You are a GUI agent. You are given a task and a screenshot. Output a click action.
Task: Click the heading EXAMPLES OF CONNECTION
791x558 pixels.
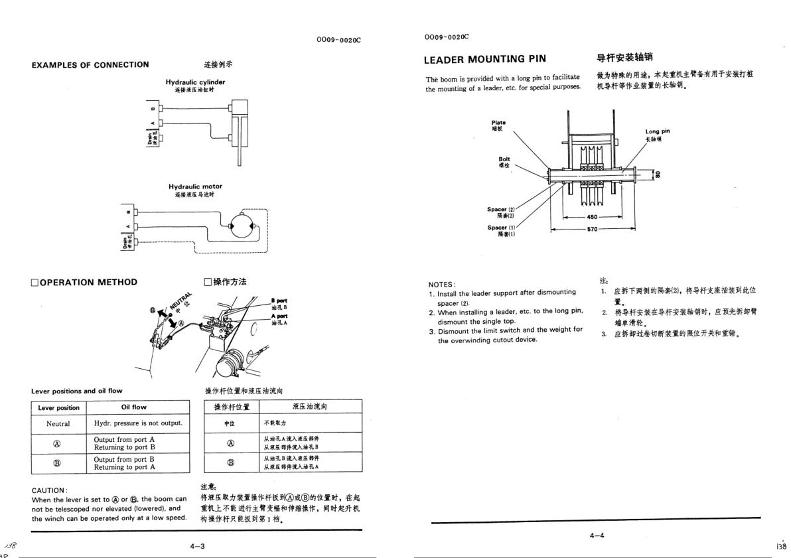coord(90,65)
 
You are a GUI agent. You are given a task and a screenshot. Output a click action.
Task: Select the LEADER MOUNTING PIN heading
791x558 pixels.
coord(485,60)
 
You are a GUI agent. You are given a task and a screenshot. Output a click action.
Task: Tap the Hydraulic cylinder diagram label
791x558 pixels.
coord(195,82)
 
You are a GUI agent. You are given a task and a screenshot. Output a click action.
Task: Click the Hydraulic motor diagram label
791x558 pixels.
coord(195,187)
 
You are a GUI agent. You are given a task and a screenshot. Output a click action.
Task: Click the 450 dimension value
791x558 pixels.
coord(592,217)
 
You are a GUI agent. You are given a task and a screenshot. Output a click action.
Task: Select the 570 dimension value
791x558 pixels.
coord(592,229)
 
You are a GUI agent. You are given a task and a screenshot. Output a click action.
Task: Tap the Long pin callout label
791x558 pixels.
coord(657,131)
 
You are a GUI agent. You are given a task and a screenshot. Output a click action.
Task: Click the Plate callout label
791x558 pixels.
coord(498,123)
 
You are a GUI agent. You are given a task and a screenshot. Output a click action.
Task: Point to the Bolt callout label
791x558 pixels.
coord(504,159)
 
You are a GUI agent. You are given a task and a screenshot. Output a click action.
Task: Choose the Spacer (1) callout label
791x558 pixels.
coord(501,228)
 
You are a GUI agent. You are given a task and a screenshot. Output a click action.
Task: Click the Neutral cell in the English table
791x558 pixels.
coord(58,423)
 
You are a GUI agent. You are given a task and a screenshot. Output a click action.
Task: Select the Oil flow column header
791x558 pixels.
coord(134,407)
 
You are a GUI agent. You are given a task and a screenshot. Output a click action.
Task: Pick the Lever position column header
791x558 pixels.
coord(58,407)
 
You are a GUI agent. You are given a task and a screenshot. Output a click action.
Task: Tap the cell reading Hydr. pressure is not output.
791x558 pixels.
coord(137,423)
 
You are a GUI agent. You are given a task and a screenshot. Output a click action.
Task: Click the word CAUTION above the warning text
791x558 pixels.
coord(49,491)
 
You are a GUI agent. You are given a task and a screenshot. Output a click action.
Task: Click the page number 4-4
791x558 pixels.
coord(597,535)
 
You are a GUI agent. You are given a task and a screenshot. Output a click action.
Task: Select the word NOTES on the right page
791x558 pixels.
coord(441,285)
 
